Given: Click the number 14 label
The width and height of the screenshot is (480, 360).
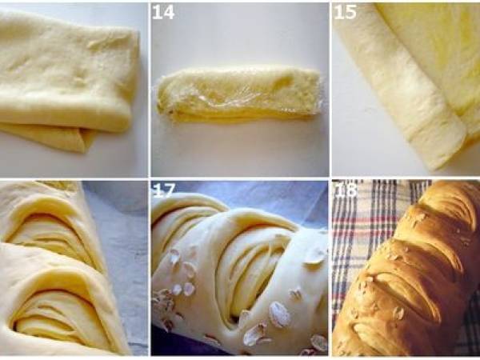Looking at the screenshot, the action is point(163,13).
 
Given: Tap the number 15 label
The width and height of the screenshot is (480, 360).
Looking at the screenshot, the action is point(345,13).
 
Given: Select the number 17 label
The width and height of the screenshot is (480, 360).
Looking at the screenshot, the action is point(164,190).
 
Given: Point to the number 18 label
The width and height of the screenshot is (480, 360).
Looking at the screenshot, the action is point(346,190).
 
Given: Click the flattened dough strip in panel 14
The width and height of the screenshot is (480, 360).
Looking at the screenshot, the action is point(239,94).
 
